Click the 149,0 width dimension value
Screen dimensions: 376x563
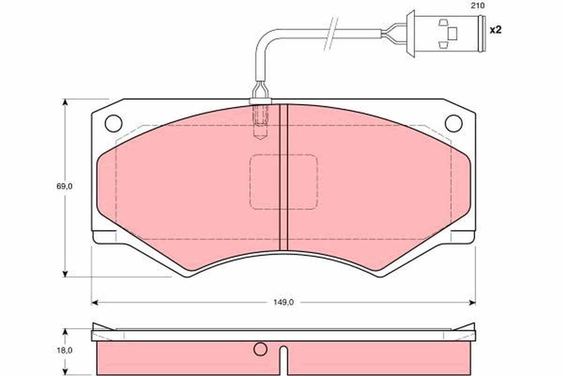(283, 302)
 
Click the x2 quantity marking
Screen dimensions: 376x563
(495, 30)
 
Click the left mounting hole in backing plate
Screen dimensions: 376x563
(114, 123)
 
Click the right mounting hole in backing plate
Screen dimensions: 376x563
(453, 123)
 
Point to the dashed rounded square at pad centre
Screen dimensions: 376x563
(283, 182)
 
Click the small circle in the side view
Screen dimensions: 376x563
(260, 349)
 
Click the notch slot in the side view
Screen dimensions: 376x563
(283, 360)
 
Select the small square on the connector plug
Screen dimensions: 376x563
(452, 33)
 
